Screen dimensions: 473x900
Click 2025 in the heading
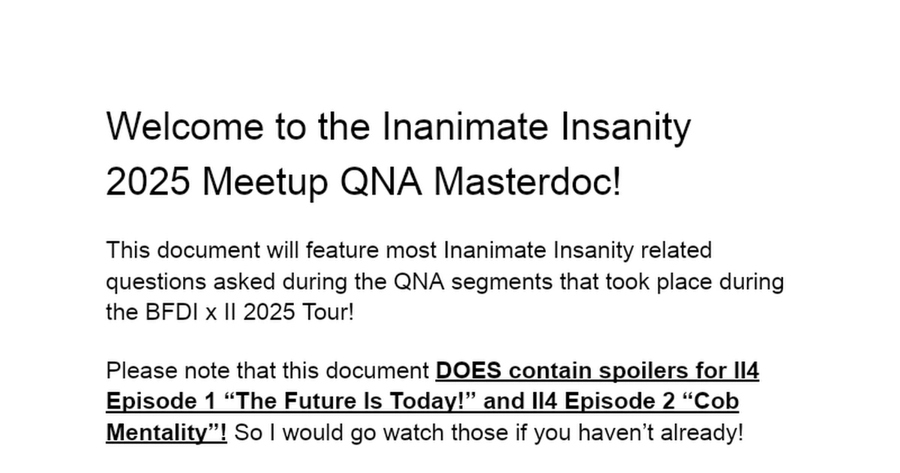coord(148,182)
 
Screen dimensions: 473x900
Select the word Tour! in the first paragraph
coord(326,312)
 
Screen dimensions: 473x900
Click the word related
coord(675,249)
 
